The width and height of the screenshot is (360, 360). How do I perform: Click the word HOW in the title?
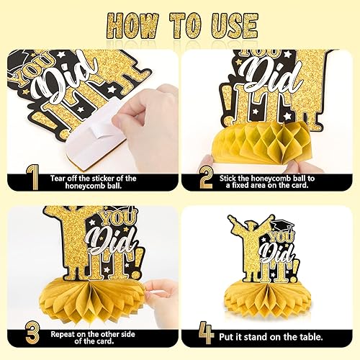pos(132,26)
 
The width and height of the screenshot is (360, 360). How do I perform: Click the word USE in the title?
pos(235,26)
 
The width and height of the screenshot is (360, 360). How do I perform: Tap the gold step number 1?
pos(33,177)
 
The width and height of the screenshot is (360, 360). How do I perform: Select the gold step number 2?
pos(206,178)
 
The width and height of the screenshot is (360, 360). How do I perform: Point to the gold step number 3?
pos(32,334)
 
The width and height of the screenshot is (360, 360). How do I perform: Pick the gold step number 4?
pos(207,333)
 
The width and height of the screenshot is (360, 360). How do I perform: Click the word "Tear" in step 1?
pos(58,179)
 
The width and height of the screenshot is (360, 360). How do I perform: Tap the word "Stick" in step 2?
pos(228,179)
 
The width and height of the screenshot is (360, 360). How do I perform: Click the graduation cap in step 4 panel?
pos(282,225)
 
